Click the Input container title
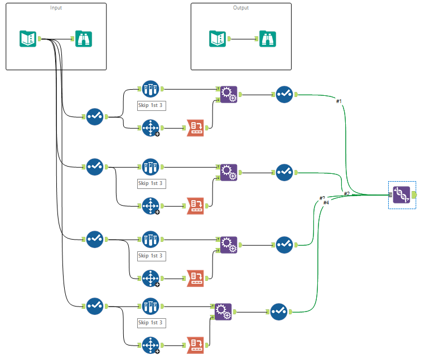[x=56, y=8]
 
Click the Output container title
[x=241, y=8]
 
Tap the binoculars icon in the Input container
[x=84, y=38]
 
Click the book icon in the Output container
[x=218, y=38]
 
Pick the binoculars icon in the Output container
[x=268, y=38]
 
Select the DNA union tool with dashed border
[x=402, y=194]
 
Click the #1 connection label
[x=339, y=101]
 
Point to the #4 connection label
[x=326, y=203]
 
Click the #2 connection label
[x=346, y=193]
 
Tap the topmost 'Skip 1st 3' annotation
[x=152, y=105]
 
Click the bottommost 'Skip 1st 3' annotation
[x=152, y=323]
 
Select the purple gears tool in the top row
[x=228, y=94]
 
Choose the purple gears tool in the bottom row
[x=223, y=312]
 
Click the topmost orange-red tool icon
[x=196, y=128]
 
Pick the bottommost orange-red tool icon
[x=196, y=346]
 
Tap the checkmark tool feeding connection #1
[x=284, y=94]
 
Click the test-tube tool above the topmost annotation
[x=150, y=89]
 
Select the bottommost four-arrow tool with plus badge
[x=150, y=346]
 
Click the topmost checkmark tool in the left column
[x=95, y=116]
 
